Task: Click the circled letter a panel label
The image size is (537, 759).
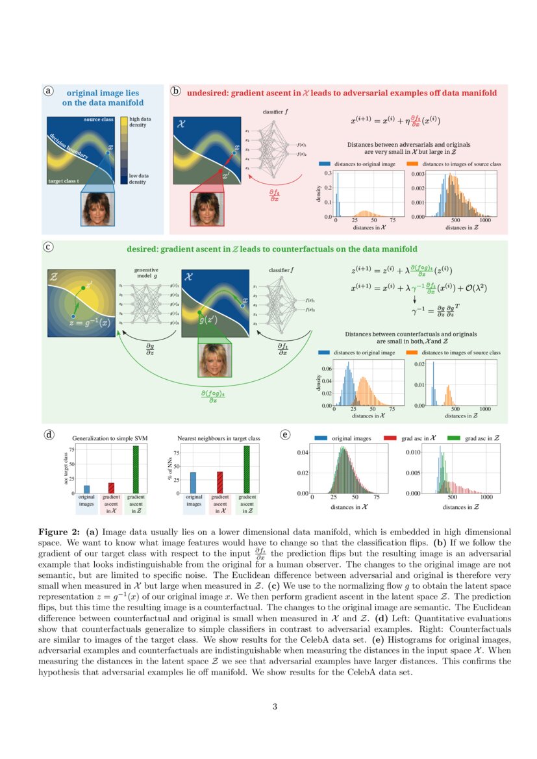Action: click(x=48, y=91)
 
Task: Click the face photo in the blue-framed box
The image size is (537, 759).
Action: click(x=97, y=207)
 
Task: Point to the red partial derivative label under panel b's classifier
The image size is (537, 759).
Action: click(x=275, y=195)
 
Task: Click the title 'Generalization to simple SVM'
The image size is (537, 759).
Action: click(x=110, y=438)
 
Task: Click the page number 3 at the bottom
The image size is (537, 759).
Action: click(x=275, y=706)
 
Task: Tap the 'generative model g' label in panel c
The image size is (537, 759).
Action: click(x=146, y=273)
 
